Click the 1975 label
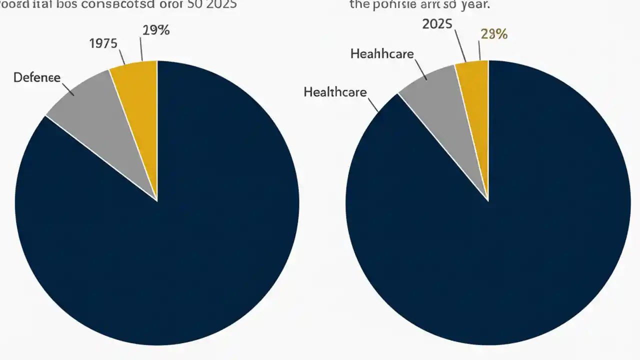coord(103,43)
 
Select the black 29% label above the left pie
coord(155,30)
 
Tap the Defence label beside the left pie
coord(37,77)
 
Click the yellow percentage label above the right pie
coord(494,34)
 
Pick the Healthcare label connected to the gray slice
coord(382,53)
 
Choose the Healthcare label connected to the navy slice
coord(335,92)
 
